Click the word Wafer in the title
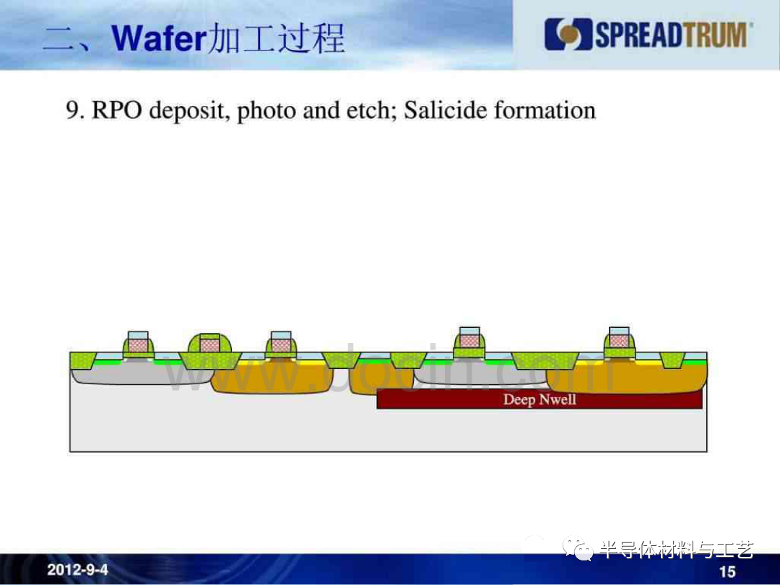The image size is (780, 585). [159, 38]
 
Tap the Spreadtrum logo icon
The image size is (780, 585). [568, 35]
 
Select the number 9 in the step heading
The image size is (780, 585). [72, 110]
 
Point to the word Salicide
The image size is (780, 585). [445, 110]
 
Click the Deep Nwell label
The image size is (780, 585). [539, 399]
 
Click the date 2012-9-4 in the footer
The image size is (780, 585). [77, 570]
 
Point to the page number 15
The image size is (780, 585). [727, 571]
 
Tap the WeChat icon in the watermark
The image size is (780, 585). [578, 549]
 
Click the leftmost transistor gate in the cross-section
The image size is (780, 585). [138, 342]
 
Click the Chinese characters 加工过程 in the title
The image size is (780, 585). [276, 38]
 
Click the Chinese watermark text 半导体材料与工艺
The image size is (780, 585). [677, 550]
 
